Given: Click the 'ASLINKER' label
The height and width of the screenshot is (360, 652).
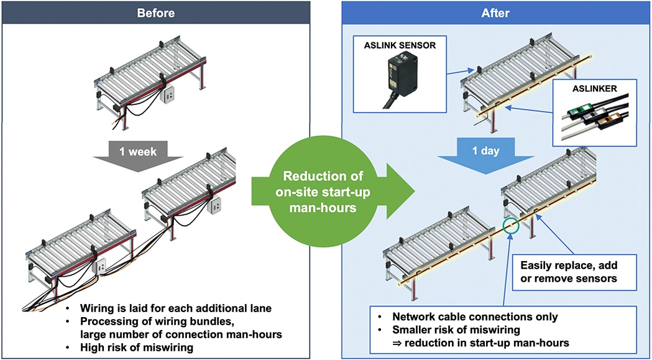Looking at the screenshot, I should tap(594, 88).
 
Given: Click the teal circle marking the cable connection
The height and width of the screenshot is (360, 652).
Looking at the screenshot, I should tap(511, 225).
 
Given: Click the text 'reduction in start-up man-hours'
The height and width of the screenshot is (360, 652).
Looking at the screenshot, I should tap(494, 343).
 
